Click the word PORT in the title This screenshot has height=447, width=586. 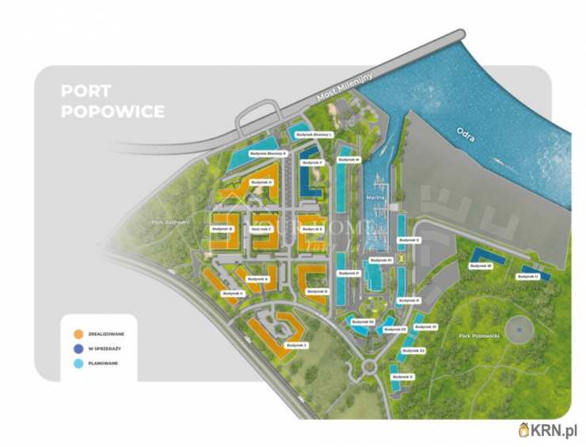86,92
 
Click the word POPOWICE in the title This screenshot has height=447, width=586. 112,112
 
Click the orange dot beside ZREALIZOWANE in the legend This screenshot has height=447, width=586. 78,334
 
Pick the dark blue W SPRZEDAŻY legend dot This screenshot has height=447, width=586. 78,348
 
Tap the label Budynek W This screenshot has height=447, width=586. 481,266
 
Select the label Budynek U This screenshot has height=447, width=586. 527,277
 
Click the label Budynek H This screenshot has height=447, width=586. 261,182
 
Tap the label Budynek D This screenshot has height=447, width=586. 315,291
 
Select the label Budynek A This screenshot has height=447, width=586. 257,279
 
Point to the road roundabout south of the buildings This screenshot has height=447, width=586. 369,366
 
